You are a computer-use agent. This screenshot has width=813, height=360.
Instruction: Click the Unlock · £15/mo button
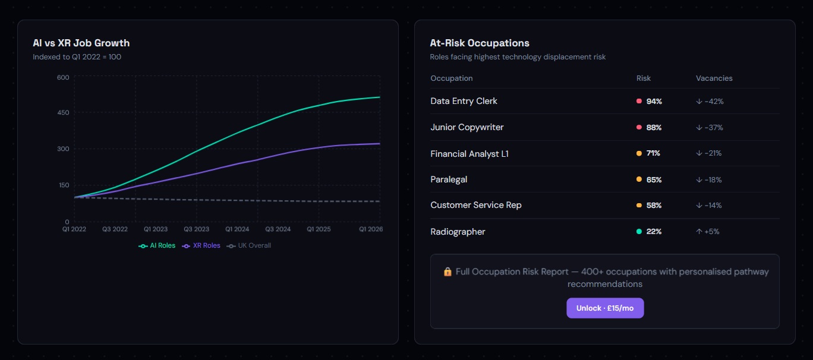[x=604, y=308]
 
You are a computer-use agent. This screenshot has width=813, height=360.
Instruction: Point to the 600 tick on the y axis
[x=63, y=77]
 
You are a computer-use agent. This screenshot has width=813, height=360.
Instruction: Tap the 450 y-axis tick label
[x=63, y=113]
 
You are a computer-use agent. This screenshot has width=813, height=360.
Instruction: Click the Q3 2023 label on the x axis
[x=196, y=229]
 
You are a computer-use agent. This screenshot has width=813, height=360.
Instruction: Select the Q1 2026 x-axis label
[x=370, y=229]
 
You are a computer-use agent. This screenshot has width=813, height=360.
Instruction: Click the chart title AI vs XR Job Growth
[x=81, y=43]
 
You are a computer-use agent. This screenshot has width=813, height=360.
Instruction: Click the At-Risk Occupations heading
[x=479, y=43]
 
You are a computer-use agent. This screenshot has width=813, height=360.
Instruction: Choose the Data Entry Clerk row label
[x=464, y=101]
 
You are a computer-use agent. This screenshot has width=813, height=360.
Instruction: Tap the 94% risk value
[x=654, y=102]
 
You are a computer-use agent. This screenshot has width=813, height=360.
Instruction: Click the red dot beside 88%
[x=639, y=127]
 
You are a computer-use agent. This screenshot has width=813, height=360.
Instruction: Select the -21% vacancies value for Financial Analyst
[x=713, y=153]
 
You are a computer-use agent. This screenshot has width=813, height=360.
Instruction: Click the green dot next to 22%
[x=639, y=232]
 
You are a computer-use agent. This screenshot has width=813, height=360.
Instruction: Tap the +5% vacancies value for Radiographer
[x=711, y=232]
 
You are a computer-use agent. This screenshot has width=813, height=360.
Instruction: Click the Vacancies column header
[x=714, y=78]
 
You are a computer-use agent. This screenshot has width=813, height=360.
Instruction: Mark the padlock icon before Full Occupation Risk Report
[x=448, y=271]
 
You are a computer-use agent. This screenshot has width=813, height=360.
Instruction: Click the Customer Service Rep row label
[x=475, y=205]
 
